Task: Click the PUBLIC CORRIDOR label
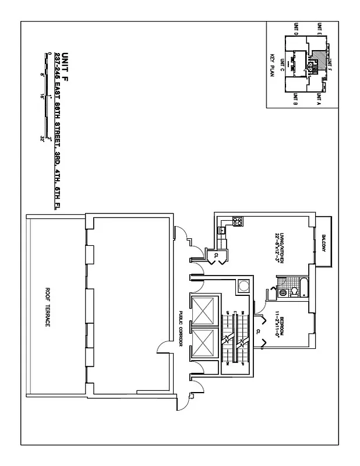(181, 329)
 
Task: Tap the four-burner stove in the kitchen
(237, 221)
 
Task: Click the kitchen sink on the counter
(221, 231)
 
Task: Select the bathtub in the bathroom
(302, 288)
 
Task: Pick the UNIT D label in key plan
(296, 29)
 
